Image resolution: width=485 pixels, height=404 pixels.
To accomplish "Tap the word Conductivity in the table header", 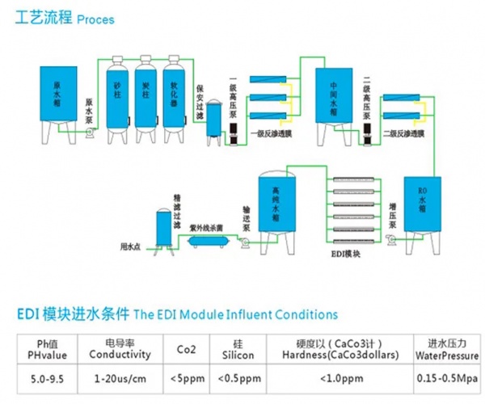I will pyautogui.click(x=120, y=354).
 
